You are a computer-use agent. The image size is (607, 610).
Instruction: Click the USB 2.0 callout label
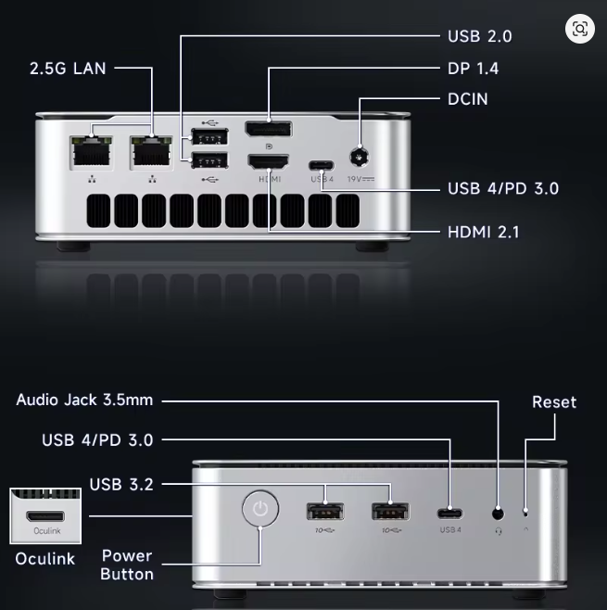(479, 36)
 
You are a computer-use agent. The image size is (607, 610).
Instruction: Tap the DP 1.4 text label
(473, 69)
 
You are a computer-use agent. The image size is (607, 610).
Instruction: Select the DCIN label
(467, 99)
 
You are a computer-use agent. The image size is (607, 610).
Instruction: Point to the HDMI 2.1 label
(484, 233)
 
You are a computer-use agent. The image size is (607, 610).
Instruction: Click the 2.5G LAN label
(68, 69)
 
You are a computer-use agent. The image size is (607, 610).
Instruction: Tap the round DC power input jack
(360, 158)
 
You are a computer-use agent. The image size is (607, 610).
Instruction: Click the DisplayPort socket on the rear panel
(269, 129)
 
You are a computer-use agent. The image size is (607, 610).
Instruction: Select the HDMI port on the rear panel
(269, 162)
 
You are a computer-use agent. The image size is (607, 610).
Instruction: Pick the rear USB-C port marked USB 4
(322, 165)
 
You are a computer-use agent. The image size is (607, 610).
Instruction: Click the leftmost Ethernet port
(92, 152)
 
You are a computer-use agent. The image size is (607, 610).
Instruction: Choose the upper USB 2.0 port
(210, 137)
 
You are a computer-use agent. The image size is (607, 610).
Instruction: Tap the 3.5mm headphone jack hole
(499, 514)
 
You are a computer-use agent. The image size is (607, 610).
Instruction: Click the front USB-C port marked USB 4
(449, 514)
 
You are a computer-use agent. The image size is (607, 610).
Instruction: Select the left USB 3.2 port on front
(325, 512)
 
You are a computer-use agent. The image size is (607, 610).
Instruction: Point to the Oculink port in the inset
(45, 516)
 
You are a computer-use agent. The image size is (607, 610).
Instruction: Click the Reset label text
(554, 402)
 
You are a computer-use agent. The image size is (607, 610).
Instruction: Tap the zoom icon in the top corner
(580, 29)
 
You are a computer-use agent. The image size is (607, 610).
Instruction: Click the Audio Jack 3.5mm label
(84, 400)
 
